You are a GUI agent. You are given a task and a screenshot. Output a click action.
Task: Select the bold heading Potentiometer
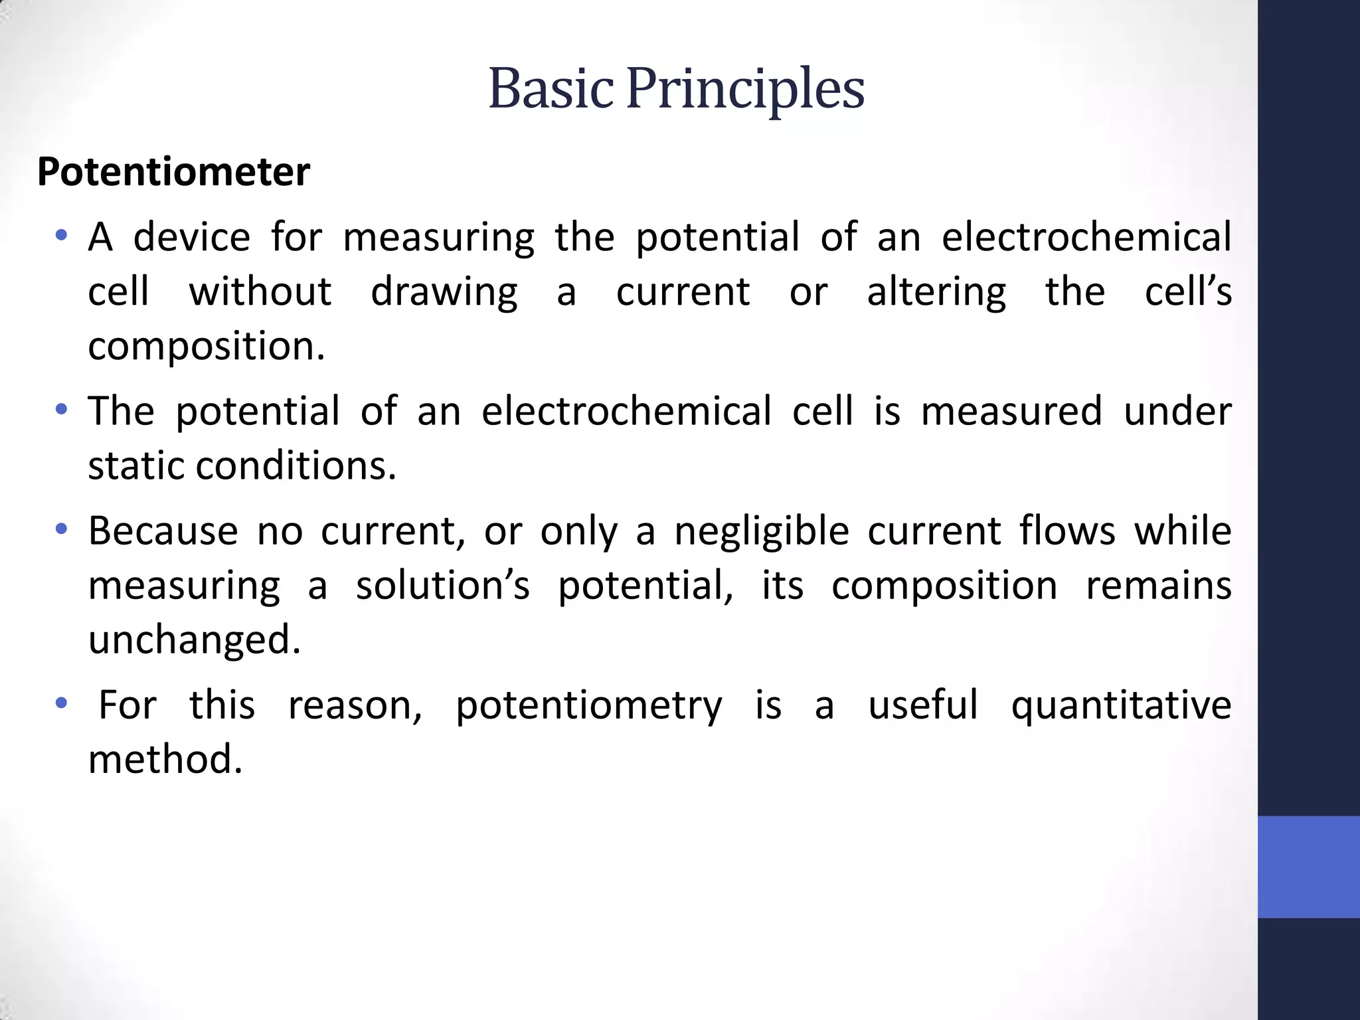pyautogui.click(x=173, y=172)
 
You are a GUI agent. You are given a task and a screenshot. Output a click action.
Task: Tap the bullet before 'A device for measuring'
pyautogui.click(x=62, y=236)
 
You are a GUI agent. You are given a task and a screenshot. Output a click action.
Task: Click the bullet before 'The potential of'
pyautogui.click(x=62, y=410)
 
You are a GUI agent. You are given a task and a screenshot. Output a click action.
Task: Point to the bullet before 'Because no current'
pyautogui.click(x=62, y=530)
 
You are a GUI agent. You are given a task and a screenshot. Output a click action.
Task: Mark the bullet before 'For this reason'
pyautogui.click(x=62, y=704)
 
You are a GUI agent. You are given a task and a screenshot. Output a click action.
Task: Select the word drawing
pyautogui.click(x=444, y=292)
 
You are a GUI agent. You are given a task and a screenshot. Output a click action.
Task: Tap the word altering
pyautogui.click(x=936, y=292)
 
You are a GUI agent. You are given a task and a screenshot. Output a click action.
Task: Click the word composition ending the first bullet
pyautogui.click(x=206, y=347)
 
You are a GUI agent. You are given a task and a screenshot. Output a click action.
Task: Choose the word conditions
pyautogui.click(x=296, y=466)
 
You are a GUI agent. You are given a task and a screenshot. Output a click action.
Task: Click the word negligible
pyautogui.click(x=762, y=531)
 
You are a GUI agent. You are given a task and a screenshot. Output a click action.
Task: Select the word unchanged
pyautogui.click(x=194, y=639)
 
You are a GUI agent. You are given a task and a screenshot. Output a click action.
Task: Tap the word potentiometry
pyautogui.click(x=588, y=706)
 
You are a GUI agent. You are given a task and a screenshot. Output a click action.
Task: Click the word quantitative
pyautogui.click(x=1121, y=706)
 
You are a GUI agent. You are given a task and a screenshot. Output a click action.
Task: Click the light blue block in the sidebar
pyautogui.click(x=1308, y=867)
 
